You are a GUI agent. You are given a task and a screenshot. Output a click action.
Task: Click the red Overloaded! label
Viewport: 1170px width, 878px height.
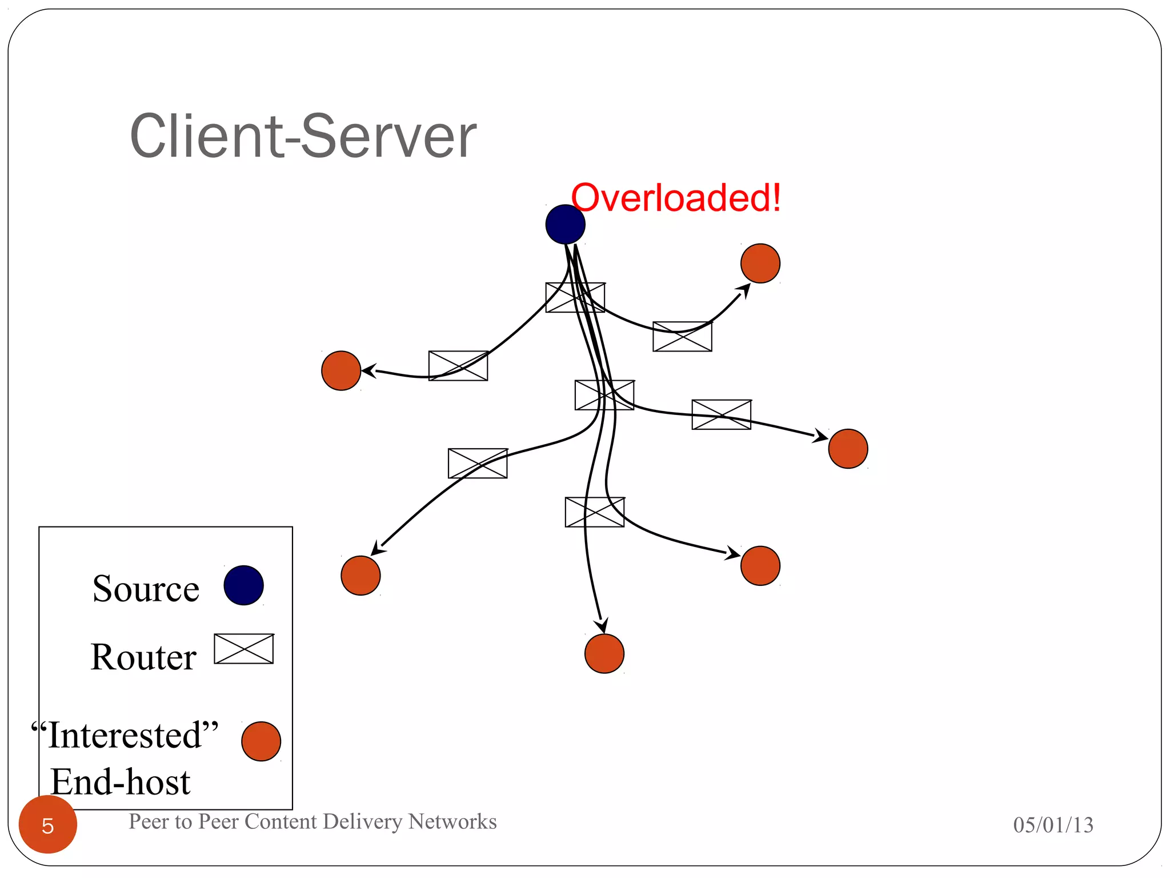point(675,198)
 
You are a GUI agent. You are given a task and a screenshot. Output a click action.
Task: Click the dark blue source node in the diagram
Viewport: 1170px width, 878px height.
point(565,225)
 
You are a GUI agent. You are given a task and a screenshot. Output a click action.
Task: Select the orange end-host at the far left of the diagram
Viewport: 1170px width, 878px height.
point(341,371)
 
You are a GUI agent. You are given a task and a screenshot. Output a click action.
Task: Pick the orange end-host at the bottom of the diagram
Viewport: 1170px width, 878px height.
point(604,653)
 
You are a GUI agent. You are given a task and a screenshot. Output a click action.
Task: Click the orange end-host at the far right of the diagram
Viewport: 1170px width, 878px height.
point(848,449)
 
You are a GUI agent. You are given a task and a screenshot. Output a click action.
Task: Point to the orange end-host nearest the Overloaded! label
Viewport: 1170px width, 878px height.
point(760,264)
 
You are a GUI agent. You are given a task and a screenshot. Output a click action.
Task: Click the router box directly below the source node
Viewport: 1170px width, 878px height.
point(575,297)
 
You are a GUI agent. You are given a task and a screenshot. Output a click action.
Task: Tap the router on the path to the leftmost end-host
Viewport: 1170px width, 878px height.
point(458,366)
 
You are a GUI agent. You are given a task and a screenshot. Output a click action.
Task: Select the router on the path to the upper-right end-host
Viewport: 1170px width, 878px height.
point(682,337)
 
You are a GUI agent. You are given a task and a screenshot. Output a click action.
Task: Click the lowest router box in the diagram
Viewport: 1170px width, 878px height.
point(595,512)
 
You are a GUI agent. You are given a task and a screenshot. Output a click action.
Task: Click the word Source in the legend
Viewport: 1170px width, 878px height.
point(146,589)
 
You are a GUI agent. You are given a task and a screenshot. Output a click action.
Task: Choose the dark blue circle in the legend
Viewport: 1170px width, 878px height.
point(243,585)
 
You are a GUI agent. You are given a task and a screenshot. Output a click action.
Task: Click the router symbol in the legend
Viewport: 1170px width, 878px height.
point(244,649)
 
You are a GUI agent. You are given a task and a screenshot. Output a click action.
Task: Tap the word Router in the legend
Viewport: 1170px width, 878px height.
point(144,657)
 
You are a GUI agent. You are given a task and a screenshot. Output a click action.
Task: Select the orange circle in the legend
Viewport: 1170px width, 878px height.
point(261,741)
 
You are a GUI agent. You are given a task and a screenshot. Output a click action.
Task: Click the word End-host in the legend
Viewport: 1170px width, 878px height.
point(121,782)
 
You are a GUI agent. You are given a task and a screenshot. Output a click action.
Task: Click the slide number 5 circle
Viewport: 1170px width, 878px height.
point(48,825)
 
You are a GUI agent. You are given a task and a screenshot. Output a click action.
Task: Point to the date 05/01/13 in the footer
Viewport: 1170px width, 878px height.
point(1053,825)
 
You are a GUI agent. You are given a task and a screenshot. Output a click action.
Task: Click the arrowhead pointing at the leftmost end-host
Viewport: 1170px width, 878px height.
point(368,371)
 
